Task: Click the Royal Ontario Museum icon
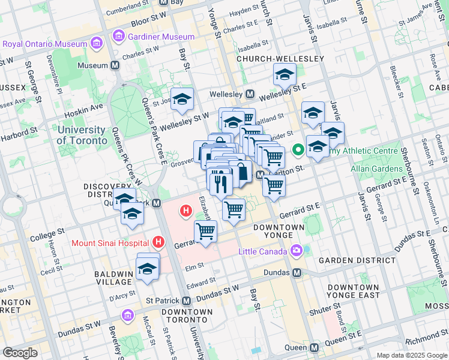pos(95,44)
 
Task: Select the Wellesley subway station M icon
pos(250,95)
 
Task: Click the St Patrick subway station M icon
pos(186,301)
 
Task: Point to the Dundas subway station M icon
pos(297,272)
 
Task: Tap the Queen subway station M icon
pos(315,347)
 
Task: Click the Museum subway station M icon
pos(115,65)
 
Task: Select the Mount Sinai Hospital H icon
pos(158,242)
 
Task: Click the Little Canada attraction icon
pos(296,250)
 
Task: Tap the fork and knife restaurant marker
pos(219,181)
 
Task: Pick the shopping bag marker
pos(240,172)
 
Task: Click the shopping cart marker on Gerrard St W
pos(206,231)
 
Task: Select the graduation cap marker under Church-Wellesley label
pos(284,75)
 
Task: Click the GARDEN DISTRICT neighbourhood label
pos(357,260)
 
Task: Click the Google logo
pos(20,352)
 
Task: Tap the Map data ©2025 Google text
pos(411,355)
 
